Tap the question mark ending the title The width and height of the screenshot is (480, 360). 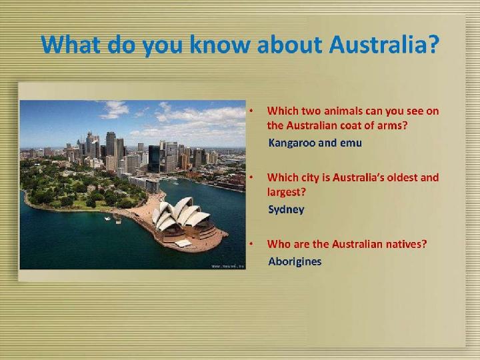431,44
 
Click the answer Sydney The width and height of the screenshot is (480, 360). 286,210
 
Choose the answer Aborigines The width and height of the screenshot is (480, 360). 295,261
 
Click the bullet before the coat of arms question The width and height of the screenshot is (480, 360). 251,111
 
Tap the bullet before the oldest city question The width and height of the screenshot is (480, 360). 251,177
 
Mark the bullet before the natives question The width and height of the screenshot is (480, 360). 251,244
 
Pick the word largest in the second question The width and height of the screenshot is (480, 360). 287,193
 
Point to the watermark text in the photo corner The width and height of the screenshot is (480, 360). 228,266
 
